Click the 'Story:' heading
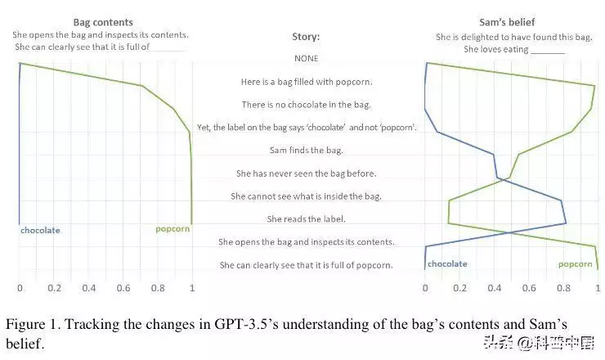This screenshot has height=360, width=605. (x=306, y=37)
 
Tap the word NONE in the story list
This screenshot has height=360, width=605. (x=306, y=59)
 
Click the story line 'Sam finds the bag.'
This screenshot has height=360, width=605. (x=306, y=151)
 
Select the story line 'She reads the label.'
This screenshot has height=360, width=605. (x=306, y=219)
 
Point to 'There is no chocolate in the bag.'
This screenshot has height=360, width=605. (x=306, y=105)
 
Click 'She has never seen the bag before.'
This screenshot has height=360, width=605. (x=306, y=173)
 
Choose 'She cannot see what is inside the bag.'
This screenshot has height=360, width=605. (x=306, y=196)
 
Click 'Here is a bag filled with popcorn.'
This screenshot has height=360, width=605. (x=306, y=82)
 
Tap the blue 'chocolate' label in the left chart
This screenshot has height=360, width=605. (x=40, y=231)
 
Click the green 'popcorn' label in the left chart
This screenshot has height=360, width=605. (x=173, y=229)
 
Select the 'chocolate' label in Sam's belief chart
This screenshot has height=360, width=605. (x=447, y=264)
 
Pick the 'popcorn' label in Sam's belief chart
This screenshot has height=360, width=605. (x=576, y=264)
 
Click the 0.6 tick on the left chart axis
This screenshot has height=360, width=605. (x=123, y=289)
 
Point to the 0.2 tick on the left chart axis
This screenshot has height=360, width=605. (x=54, y=289)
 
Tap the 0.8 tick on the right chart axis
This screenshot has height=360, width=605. (x=562, y=289)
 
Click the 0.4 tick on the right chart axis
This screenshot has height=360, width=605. (x=494, y=289)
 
